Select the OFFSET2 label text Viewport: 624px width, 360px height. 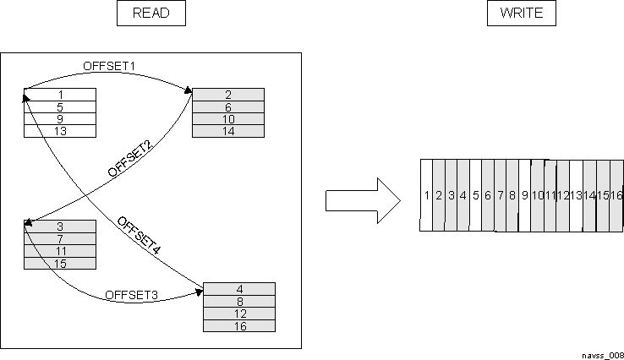[129, 159]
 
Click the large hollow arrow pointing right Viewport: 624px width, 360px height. [362, 200]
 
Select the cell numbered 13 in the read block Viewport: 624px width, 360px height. [60, 131]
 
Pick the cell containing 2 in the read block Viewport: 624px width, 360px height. [228, 95]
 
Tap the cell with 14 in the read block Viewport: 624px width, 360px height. [228, 131]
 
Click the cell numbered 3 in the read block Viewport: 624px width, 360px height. [60, 226]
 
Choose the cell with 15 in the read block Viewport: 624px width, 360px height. [60, 264]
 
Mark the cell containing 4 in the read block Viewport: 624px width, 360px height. [239, 289]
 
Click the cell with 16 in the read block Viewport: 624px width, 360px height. [239, 326]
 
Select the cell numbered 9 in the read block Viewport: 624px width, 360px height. [60, 119]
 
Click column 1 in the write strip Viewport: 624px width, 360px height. [427, 195]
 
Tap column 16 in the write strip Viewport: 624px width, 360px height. [616, 195]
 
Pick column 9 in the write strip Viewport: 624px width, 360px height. [525, 195]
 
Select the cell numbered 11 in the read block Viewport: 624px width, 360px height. [60, 252]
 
